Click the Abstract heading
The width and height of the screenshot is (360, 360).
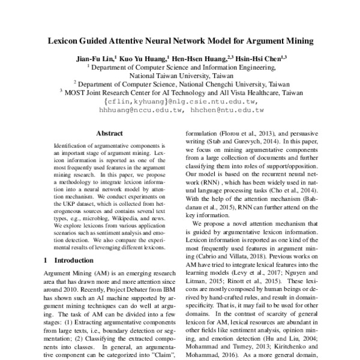coord(113,136)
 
